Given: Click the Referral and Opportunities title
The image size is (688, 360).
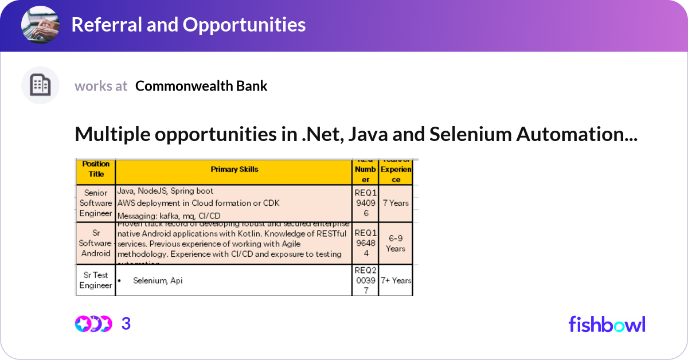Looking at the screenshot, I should click(x=188, y=25).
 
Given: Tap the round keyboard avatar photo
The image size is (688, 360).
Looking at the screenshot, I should click(x=40, y=25).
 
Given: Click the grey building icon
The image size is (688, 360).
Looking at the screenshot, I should click(x=40, y=85).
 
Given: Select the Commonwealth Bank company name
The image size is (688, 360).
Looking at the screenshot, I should click(x=201, y=86).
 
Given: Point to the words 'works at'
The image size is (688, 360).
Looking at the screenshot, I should click(x=101, y=86).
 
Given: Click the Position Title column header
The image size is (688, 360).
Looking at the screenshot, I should click(x=96, y=169).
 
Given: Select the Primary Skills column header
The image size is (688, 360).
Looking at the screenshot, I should click(x=234, y=170).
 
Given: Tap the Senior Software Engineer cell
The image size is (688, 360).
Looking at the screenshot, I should click(x=96, y=203).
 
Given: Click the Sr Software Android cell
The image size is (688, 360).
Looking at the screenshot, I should click(x=96, y=243).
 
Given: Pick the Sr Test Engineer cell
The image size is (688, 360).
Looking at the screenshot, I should click(x=96, y=280).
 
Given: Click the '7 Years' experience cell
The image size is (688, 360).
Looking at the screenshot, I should click(x=396, y=203).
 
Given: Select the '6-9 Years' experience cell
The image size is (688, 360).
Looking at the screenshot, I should click(x=396, y=244).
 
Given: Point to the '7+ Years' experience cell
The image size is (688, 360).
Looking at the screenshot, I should click(x=396, y=281).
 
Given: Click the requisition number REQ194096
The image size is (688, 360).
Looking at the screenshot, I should click(x=365, y=203).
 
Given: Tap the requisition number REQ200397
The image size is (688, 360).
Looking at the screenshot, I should click(x=365, y=280).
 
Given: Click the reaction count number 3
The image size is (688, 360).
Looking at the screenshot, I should click(x=126, y=324).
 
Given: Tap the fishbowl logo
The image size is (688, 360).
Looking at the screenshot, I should click(x=607, y=324).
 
